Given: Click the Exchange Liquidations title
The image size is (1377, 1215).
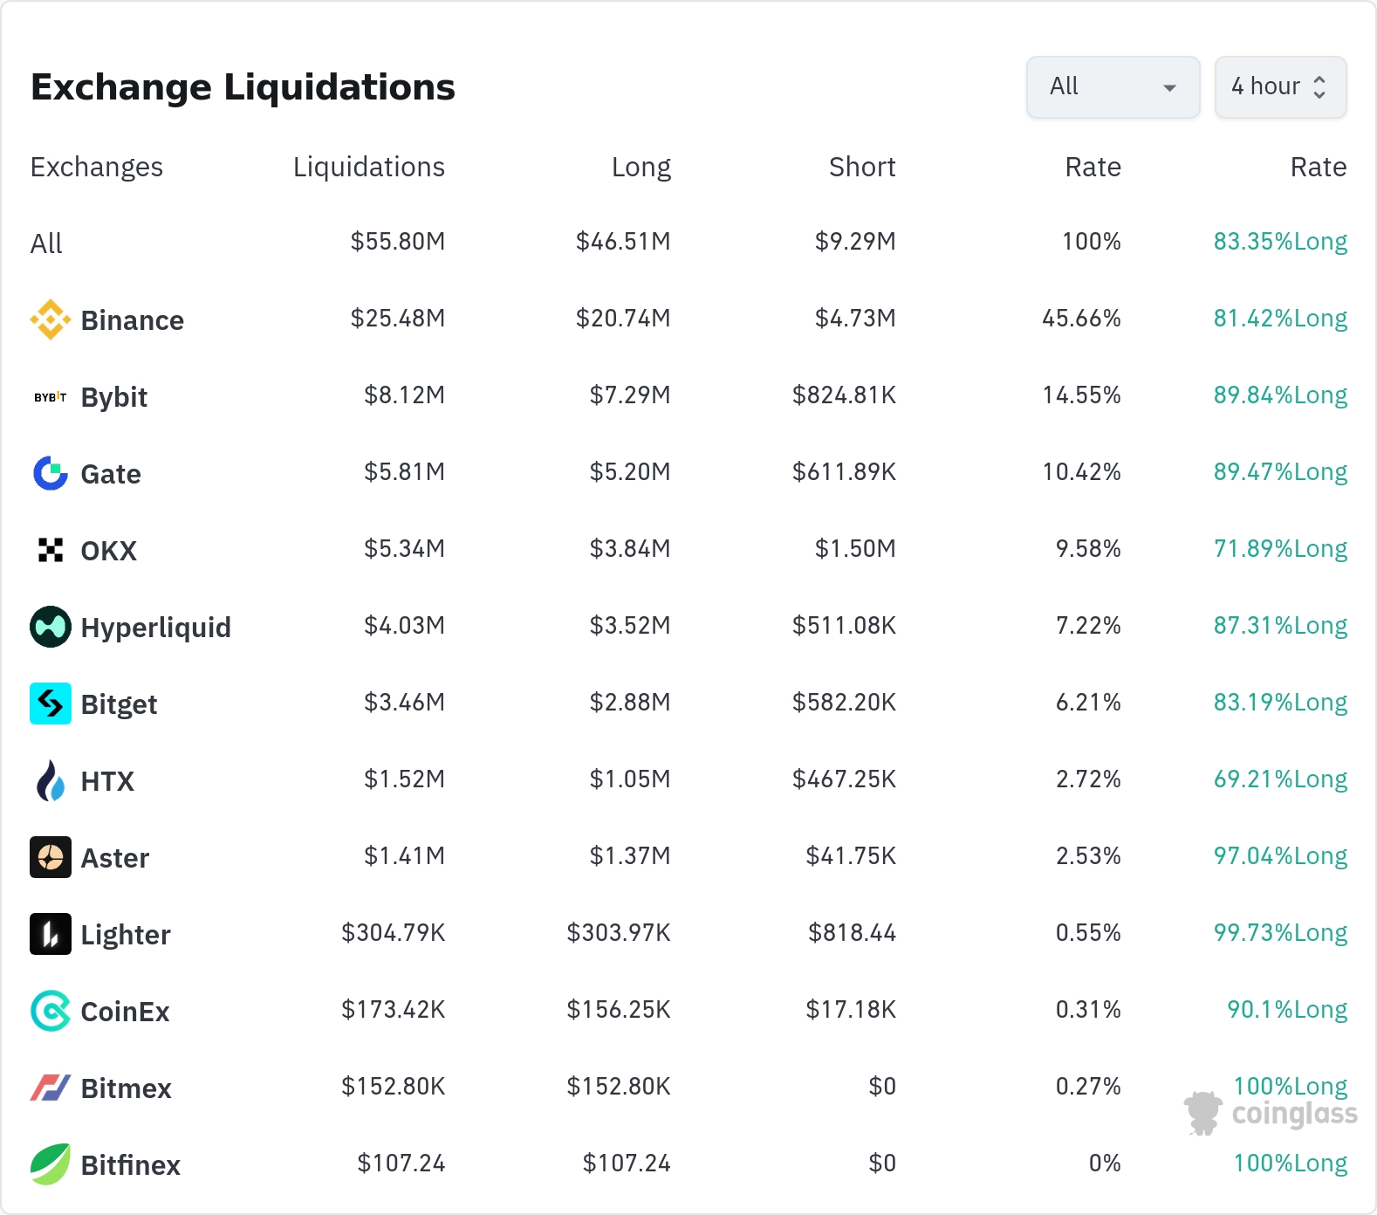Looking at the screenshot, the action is (x=243, y=87).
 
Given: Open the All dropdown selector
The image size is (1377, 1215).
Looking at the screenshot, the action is (x=1113, y=87).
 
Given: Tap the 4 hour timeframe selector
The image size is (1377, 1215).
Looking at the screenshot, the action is (x=1280, y=87).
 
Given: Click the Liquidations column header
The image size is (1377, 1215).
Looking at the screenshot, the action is (x=368, y=167).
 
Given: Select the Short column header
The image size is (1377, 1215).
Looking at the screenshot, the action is (x=862, y=167).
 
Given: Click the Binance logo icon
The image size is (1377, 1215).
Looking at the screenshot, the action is (x=51, y=319).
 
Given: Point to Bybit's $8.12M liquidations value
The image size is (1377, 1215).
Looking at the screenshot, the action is (x=404, y=395).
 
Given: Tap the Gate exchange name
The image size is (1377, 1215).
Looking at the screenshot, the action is (x=111, y=474).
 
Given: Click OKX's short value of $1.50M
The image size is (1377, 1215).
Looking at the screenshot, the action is (x=855, y=549).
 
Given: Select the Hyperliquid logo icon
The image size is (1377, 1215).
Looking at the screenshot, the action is (x=51, y=627).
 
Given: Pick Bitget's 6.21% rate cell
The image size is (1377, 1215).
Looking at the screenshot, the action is (x=1088, y=703).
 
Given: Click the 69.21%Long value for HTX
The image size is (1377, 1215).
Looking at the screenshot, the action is (x=1280, y=779).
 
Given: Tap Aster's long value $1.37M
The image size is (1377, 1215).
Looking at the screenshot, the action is (x=630, y=856).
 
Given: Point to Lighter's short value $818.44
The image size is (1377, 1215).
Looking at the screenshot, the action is (x=852, y=933).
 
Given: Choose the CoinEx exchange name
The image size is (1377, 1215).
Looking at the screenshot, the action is (x=125, y=1012).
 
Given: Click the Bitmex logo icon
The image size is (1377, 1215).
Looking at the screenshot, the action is (x=51, y=1088).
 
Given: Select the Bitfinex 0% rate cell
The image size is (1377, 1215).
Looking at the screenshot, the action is (x=1105, y=1164).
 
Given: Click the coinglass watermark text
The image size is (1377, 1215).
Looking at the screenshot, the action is (x=1294, y=1114).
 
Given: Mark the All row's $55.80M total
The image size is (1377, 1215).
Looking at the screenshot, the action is (x=398, y=242).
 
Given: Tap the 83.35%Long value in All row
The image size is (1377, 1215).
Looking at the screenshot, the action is (x=1280, y=242).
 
